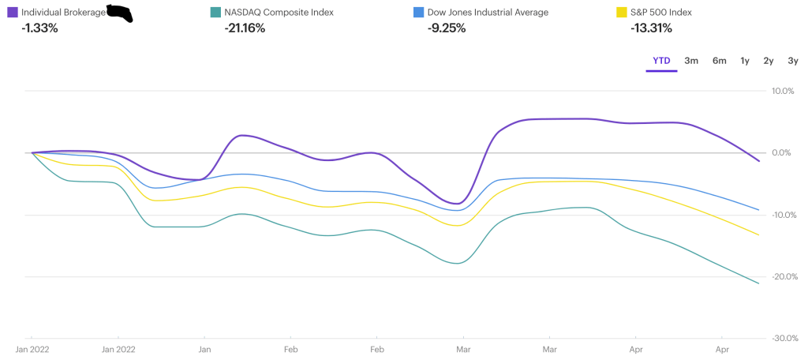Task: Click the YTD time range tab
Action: point(661,61)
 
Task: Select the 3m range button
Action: point(691,61)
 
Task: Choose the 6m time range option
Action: point(719,61)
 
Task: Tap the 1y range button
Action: point(744,61)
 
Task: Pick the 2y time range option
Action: point(768,61)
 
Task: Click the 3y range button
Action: point(792,61)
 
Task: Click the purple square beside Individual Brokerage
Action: point(13,12)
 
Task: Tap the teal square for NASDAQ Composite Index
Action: point(215,12)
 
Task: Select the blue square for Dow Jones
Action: point(419,12)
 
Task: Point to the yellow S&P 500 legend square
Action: point(622,12)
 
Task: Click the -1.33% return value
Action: point(39,28)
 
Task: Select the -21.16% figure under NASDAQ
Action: point(245,28)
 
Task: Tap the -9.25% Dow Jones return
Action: point(446,28)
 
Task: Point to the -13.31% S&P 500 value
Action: point(651,28)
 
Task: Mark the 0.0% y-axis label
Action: point(783,152)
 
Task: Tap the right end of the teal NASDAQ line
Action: point(758,283)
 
